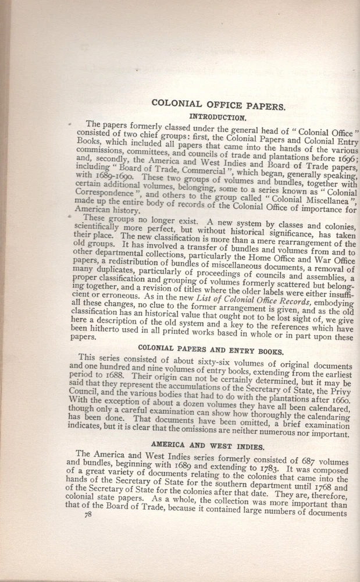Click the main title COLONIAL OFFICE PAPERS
click(218, 104)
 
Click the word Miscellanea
click(329, 199)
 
